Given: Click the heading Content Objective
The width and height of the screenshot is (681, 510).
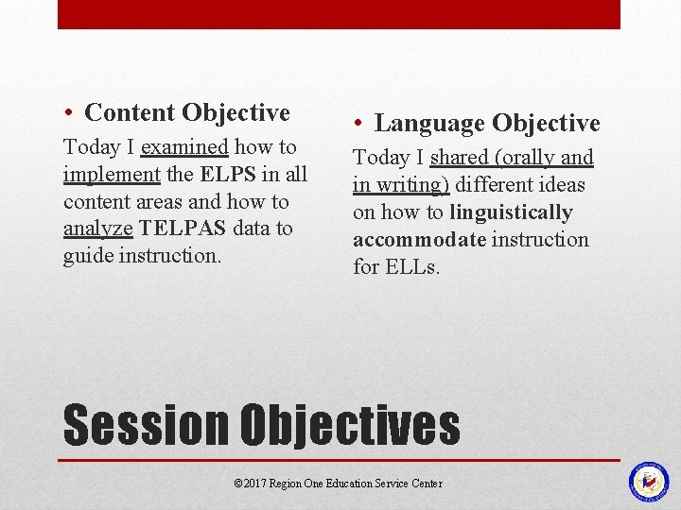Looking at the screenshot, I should pos(186,113).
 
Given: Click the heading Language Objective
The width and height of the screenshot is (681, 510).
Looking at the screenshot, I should pos(487,124).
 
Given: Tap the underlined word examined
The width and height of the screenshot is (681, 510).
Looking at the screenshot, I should pos(184,147).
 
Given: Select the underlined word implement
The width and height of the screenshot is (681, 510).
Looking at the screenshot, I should pos(111,175).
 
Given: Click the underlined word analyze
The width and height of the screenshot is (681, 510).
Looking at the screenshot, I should pos(98,229).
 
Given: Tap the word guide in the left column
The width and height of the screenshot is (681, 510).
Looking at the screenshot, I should pos(88,256).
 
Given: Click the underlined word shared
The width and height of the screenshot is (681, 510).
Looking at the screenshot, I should pos(459,158).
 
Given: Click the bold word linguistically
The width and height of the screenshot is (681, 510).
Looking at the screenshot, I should pos(511,212).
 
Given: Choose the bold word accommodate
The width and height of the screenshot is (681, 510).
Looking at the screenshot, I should pos(419,240).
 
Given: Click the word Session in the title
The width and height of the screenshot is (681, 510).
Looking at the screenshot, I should pos(146,426).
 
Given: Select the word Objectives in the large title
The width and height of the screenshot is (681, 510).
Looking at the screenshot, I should pos(350,426).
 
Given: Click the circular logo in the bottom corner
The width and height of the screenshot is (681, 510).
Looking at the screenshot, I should pos(649,481).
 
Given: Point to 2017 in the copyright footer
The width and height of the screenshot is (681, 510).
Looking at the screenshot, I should pos(254,484).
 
